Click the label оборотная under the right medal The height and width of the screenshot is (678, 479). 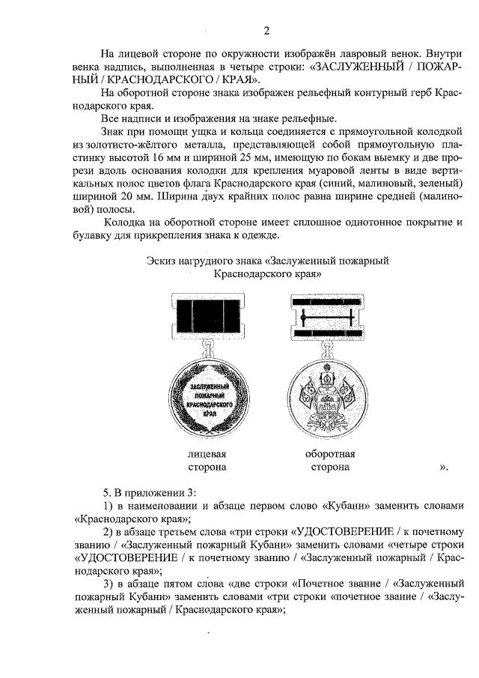[330, 454]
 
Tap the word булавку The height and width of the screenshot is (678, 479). [98, 236]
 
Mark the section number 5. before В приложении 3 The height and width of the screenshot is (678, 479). [107, 491]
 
